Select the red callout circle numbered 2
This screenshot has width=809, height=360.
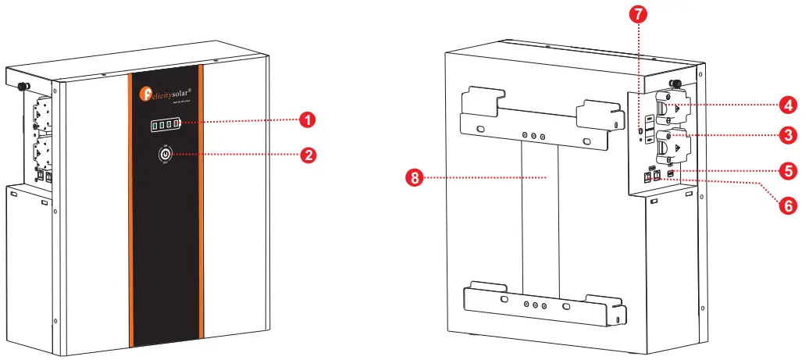click(x=309, y=155)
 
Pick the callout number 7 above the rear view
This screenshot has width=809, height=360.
click(x=639, y=13)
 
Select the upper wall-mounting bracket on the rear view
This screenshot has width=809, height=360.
click(x=543, y=117)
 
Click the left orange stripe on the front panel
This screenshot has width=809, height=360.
click(x=133, y=211)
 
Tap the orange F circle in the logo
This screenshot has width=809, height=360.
click(x=145, y=94)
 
